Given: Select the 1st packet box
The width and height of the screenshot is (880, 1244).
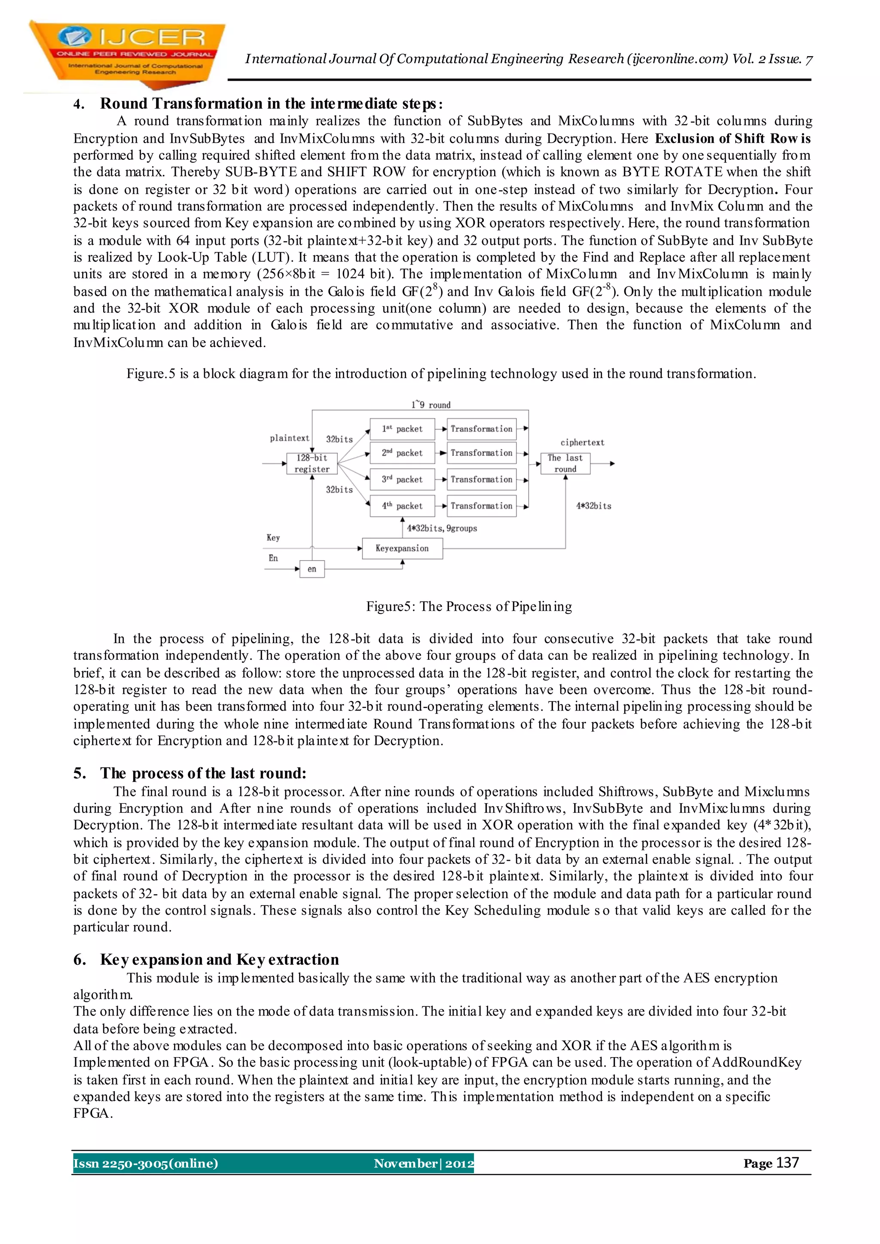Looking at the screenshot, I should (x=402, y=429).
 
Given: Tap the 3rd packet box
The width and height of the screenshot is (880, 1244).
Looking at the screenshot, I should (x=402, y=479).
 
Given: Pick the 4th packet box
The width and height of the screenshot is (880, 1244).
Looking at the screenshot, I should (x=402, y=506).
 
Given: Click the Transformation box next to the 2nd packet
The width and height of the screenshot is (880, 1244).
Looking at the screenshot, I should (x=481, y=453).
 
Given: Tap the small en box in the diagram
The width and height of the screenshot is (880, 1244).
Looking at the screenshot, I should (x=312, y=569).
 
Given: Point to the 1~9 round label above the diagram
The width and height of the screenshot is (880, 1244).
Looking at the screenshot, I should (x=431, y=405).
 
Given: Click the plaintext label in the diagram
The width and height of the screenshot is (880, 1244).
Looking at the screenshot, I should (x=289, y=438).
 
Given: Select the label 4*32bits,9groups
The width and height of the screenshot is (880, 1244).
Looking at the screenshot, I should (x=442, y=528).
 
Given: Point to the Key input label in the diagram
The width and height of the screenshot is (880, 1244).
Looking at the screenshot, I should (x=273, y=537).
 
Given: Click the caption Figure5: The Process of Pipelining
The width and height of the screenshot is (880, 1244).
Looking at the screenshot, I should (x=469, y=606).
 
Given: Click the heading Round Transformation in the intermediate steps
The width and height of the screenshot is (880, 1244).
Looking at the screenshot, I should (x=271, y=104).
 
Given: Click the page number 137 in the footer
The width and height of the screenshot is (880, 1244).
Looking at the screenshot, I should (x=787, y=1163).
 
